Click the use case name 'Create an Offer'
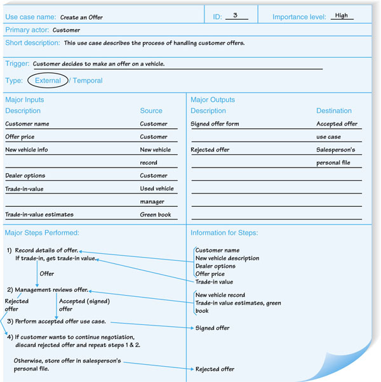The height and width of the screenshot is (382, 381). [x=81, y=17]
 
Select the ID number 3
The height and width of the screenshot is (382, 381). [x=236, y=16]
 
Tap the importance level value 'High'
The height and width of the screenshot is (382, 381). [x=342, y=16]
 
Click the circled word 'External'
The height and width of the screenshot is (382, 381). [x=48, y=81]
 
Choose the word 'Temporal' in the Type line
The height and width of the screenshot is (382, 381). [x=88, y=81]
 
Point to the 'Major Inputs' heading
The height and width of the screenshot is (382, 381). [x=25, y=100]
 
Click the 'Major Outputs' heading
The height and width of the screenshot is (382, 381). [x=213, y=100]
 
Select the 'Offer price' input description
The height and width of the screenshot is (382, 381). [x=20, y=136]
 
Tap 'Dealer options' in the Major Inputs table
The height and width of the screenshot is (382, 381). [x=25, y=175]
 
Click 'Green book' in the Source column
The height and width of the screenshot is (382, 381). [x=156, y=214]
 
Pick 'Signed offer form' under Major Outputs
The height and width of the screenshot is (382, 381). [x=215, y=124]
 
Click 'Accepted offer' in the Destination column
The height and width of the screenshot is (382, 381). [x=337, y=124]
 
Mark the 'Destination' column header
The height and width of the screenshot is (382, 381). [x=334, y=111]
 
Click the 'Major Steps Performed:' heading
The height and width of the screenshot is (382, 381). [x=42, y=233]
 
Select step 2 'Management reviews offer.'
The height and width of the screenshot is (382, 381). [x=51, y=290]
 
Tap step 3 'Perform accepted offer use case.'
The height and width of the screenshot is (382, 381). [x=60, y=322]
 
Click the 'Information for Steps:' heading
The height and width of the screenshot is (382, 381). [x=224, y=233]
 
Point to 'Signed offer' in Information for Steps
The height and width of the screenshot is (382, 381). [x=213, y=328]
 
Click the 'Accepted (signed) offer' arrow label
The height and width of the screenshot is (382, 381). [x=75, y=305]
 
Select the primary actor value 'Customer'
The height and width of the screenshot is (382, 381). [x=66, y=30]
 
